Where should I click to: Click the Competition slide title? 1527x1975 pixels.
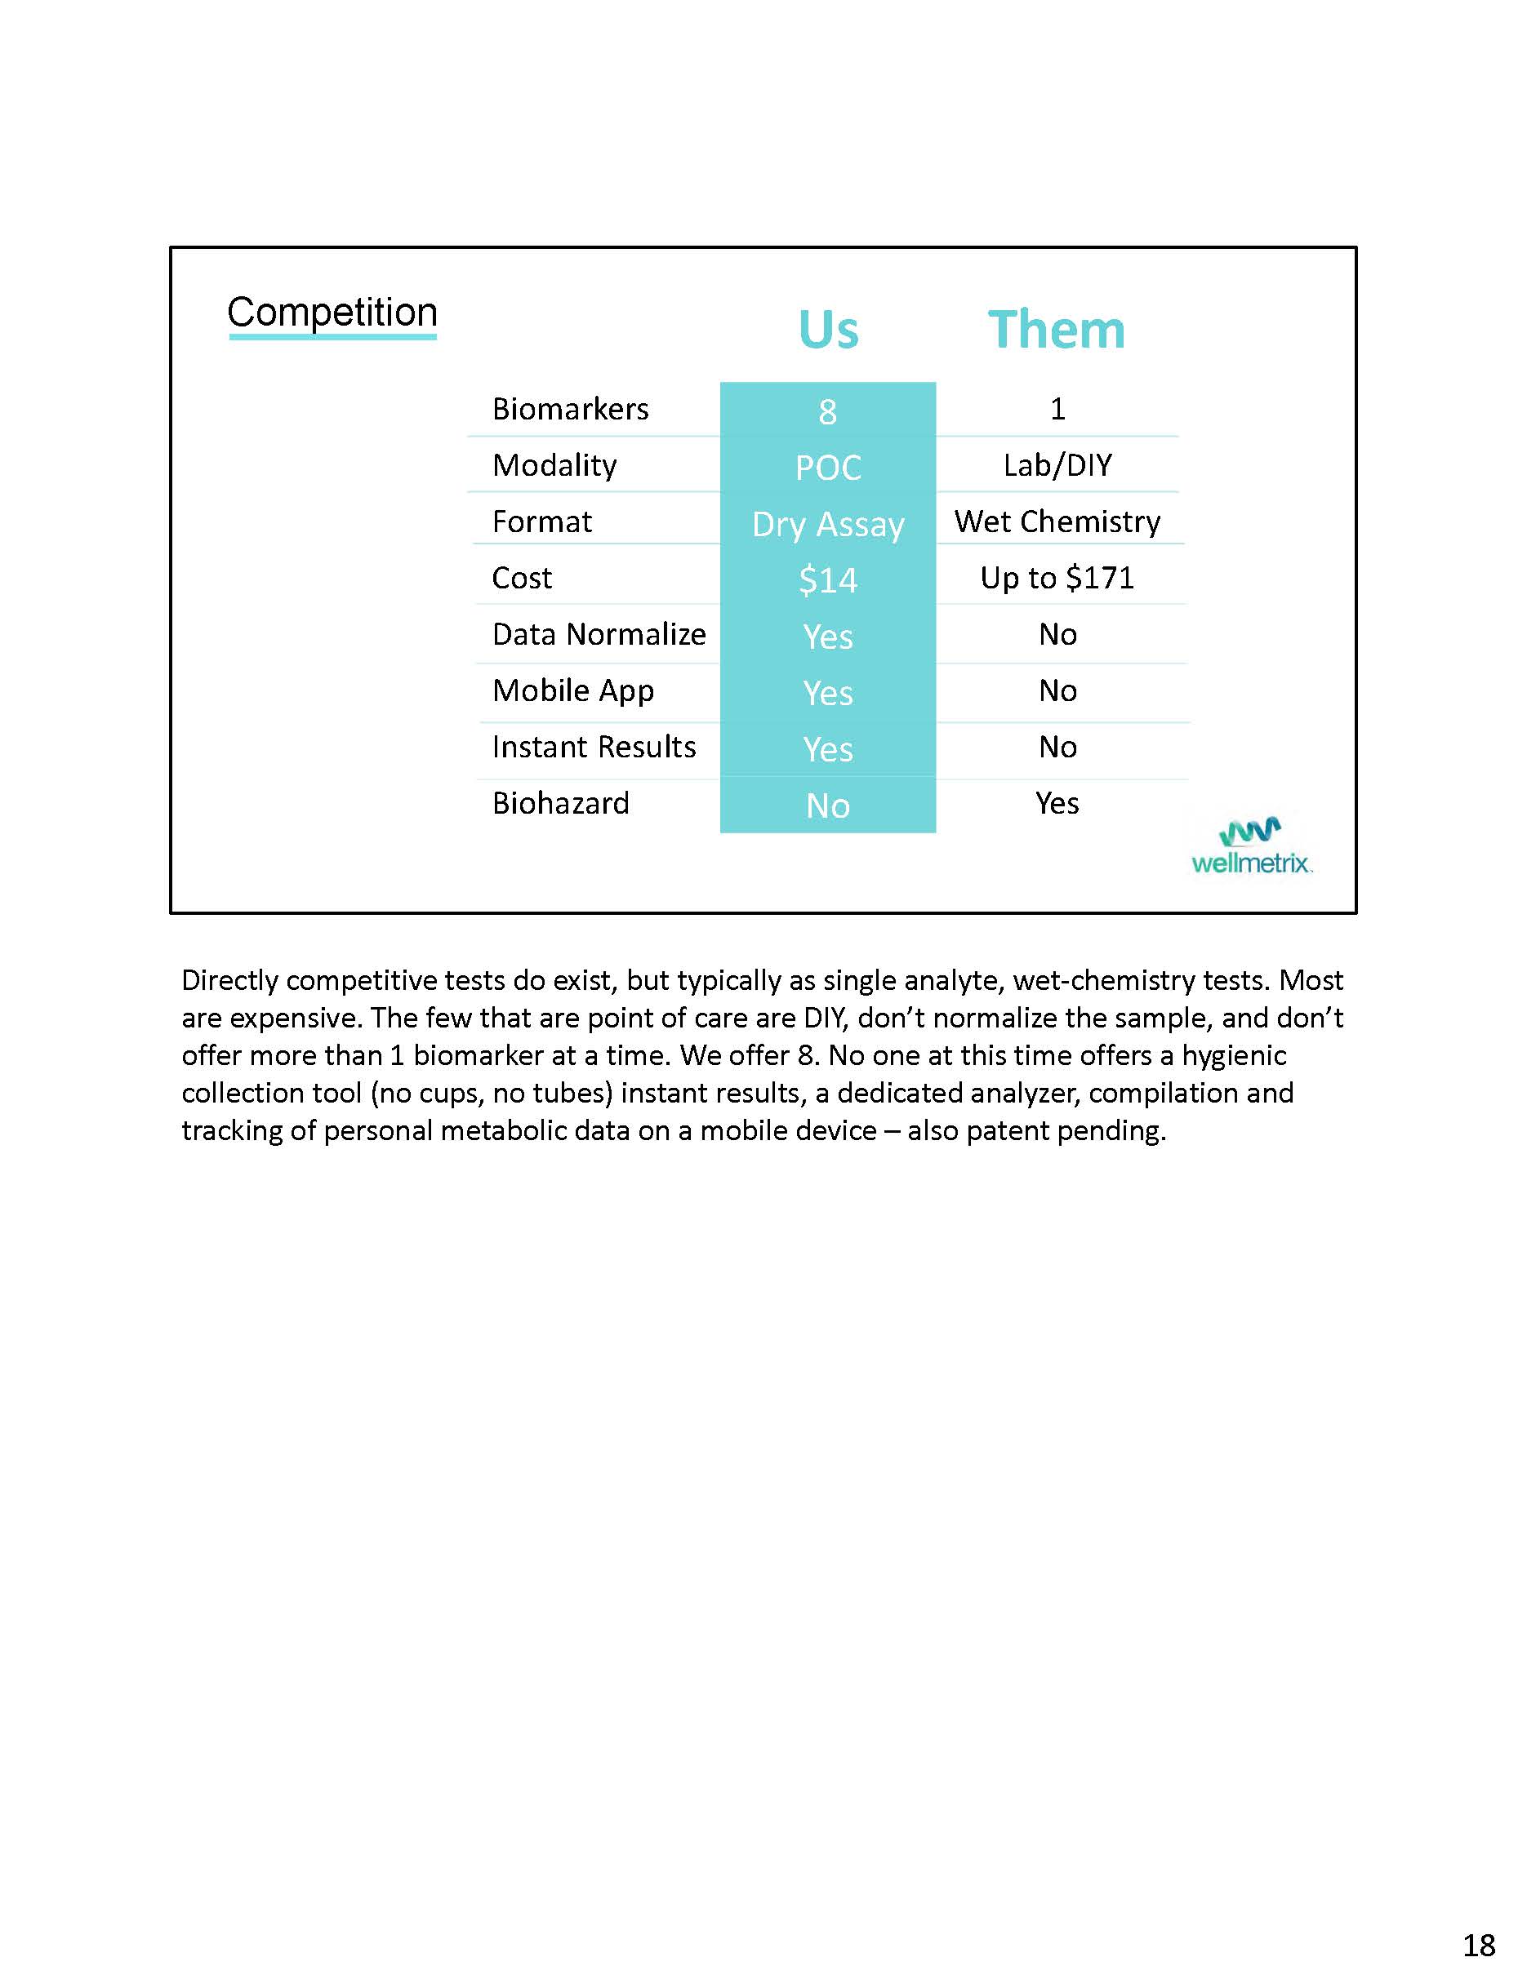332,313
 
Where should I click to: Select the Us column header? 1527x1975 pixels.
828,329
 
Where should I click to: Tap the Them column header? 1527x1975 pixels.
1056,329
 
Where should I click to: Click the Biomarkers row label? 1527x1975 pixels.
570,409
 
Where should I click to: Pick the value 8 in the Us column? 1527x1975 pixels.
828,411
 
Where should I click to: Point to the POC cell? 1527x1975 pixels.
828,468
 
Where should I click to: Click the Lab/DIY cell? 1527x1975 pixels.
1057,465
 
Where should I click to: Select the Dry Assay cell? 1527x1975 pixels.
828,525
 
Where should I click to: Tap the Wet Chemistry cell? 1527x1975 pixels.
1057,521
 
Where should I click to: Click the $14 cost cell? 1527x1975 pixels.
828,579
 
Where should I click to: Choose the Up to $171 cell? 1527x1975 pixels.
1057,578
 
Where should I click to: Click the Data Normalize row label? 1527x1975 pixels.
598,634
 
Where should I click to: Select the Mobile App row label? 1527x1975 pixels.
572,691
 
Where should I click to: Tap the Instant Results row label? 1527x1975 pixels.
594,747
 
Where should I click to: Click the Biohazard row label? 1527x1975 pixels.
560,803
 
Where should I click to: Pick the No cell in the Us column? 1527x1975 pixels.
828,806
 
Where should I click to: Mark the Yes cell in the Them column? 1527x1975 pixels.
1057,803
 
